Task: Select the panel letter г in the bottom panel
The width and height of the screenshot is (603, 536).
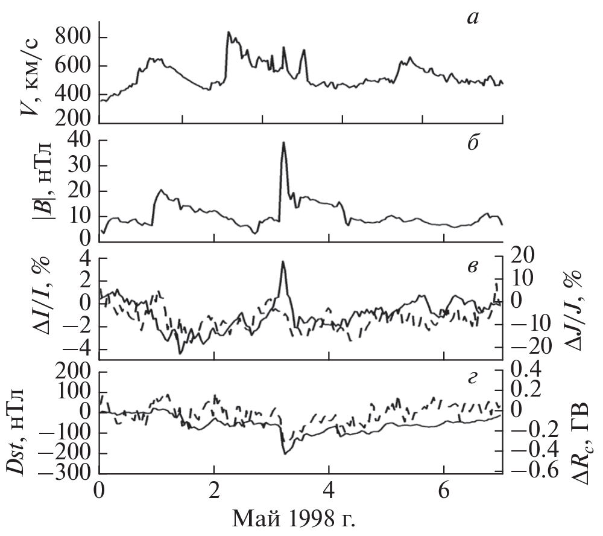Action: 473,378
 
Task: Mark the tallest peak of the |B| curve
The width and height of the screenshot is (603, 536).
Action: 283,143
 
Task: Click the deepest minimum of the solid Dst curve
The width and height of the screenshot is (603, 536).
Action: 285,453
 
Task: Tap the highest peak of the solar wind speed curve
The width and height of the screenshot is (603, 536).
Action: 228,32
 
